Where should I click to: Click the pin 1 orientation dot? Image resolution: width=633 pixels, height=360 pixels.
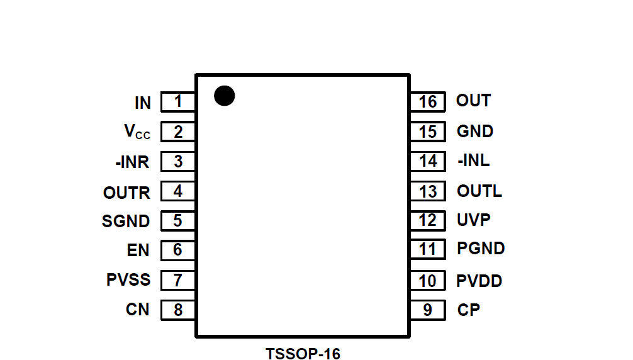pos(224,96)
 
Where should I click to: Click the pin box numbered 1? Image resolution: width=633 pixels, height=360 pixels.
pos(178,101)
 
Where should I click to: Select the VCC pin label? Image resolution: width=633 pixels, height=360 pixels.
pos(137,132)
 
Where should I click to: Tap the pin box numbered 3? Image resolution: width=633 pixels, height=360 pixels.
pos(178,162)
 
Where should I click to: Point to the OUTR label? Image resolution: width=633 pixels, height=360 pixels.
pos(126,193)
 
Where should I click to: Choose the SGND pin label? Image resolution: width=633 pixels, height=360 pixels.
pos(126,222)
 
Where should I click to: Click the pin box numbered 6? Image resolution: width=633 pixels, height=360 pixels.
pos(178,250)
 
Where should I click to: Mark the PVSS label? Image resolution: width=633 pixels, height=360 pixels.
pos(128,279)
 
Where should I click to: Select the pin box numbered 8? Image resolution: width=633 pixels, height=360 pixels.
pos(178,310)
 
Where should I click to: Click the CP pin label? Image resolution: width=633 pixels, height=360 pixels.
pos(469,310)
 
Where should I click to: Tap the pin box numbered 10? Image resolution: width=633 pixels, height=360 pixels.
pos(428,281)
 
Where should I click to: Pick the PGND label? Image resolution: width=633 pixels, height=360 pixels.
pos(481,249)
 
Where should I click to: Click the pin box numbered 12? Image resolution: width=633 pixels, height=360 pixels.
pos(428,220)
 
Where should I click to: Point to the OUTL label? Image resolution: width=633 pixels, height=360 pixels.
pos(479,191)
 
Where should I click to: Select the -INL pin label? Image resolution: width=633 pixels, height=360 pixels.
pos(474,160)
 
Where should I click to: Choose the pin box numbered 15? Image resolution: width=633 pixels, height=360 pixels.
pos(428,132)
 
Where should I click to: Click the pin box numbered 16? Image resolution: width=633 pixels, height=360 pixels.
pos(428,101)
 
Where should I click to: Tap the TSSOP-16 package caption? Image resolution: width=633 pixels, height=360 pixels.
pos(303,354)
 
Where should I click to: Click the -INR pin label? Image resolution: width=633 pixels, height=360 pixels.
pos(132,162)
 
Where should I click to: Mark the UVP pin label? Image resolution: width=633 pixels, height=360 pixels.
pos(474,220)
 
